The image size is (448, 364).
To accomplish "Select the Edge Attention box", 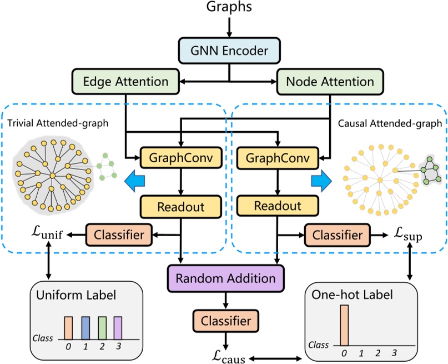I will point(125,81).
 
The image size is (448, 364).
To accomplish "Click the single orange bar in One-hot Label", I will point(344,325).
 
